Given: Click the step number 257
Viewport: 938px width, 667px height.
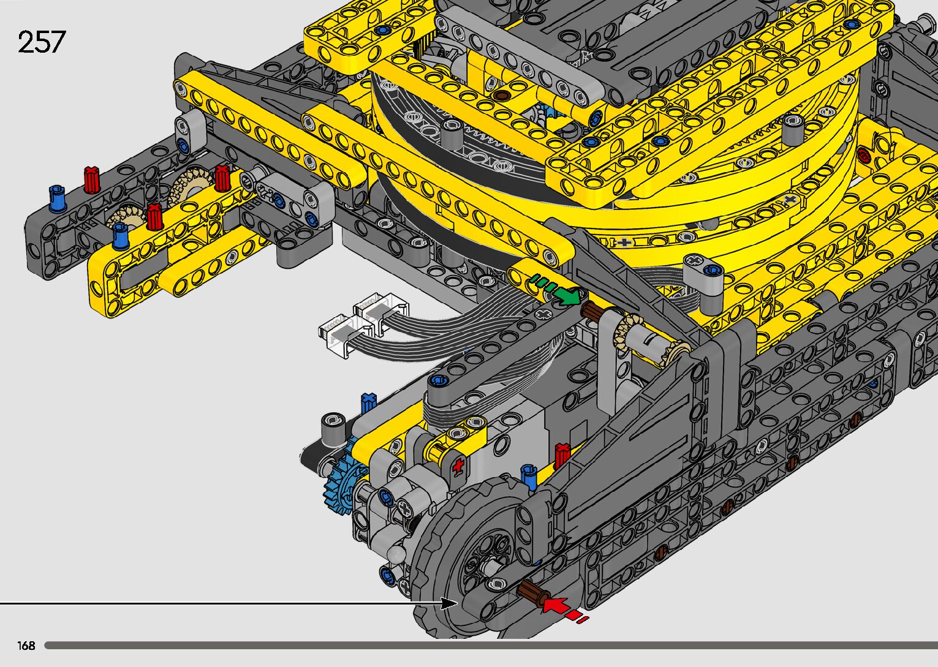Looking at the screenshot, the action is coord(42,42).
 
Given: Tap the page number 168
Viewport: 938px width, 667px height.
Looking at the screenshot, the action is coord(26,645).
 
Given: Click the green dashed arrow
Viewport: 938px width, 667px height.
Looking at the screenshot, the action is coord(556,290).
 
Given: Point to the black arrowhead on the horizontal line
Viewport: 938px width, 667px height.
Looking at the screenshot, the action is coord(449,603).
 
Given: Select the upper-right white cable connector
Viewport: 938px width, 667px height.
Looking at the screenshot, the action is coord(381,312).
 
